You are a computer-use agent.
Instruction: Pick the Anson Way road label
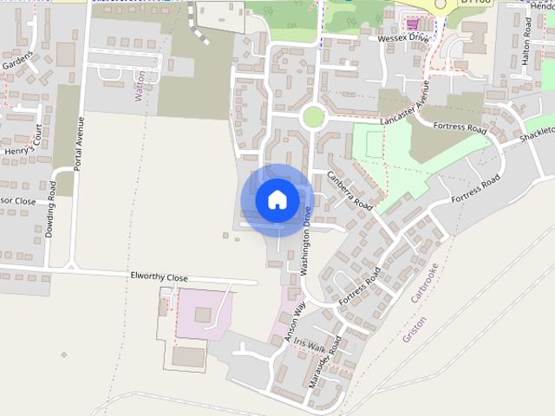coord(297,322)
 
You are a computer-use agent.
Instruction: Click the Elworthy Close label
coord(159,277)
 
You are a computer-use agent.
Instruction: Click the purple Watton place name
coord(141,87)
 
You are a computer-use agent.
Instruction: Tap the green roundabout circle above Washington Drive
coord(313,116)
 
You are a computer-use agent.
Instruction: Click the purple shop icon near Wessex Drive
coord(413,23)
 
